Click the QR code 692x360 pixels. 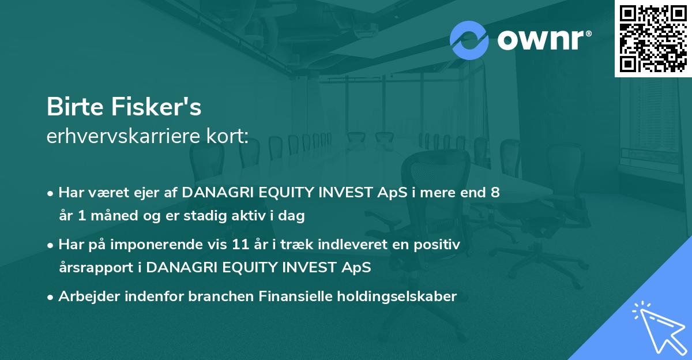pos(653,39)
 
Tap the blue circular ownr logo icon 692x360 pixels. pos(469,40)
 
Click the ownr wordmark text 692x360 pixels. pos(544,40)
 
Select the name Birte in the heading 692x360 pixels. pos(75,107)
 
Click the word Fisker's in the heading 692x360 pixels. pos(156,107)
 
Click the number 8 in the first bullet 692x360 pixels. pos(495,192)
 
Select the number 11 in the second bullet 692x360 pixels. pos(240,244)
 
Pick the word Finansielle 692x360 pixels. pos(296,296)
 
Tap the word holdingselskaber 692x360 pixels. pos(397,296)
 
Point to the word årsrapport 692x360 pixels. pos(96,268)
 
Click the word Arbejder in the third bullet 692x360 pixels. pos(89,297)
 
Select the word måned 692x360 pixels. pos(114,215)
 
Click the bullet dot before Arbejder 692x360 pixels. pos(50,298)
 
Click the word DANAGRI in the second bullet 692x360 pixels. pos(181,267)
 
